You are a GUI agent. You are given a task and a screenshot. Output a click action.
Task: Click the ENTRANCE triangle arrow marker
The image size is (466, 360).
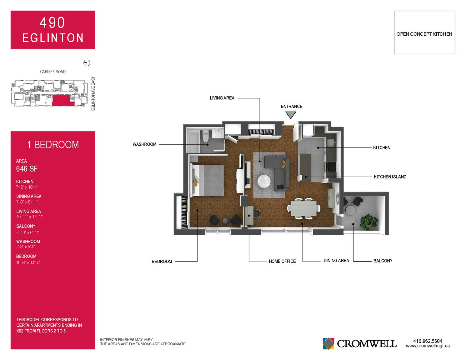291,115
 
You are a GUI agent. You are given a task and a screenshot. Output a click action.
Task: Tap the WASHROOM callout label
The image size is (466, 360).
144,144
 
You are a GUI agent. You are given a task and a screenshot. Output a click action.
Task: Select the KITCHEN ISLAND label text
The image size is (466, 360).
390,177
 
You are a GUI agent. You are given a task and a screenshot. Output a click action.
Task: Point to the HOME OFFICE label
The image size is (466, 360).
282,261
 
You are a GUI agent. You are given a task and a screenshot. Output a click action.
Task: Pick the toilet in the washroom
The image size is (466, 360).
206,136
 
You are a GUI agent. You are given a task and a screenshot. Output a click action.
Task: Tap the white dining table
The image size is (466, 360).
304,208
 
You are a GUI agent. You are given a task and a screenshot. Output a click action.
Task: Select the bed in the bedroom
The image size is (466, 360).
207,180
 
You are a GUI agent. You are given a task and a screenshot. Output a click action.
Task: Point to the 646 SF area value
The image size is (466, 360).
27,169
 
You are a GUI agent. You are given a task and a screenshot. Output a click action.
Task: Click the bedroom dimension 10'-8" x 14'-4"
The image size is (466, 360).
28,263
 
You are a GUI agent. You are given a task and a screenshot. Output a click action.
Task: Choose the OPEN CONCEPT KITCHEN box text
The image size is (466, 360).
424,34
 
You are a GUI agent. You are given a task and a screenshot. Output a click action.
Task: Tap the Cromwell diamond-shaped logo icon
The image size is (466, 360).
328,344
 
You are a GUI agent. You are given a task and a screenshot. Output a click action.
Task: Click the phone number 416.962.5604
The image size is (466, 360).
428,341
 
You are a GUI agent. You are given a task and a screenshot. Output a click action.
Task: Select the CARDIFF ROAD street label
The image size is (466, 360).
53,72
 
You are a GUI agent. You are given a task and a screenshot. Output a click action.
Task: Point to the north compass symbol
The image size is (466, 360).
87,63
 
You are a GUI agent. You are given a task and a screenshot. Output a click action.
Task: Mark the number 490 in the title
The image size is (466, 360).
52,22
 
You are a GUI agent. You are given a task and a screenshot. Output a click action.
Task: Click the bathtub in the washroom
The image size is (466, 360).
193,142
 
